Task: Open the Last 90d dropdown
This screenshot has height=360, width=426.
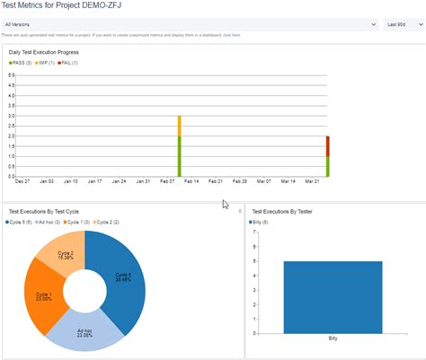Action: [x=404, y=24]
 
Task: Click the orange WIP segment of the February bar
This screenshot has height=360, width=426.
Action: [x=180, y=126]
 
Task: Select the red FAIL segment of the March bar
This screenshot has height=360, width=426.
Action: [x=327, y=146]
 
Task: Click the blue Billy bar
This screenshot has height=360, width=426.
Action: [x=333, y=297]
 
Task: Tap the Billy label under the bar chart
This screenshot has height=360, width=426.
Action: [x=333, y=340]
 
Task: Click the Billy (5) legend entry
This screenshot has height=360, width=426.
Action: [x=261, y=221]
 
